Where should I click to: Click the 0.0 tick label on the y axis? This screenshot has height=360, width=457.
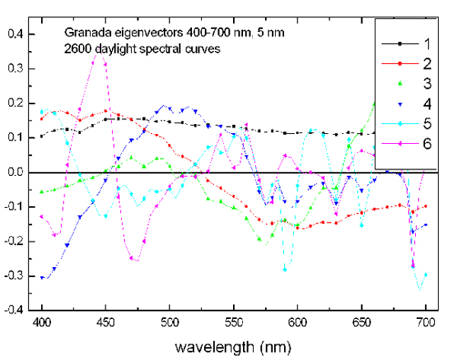point(14,173)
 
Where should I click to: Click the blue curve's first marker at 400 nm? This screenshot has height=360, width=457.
point(43,278)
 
